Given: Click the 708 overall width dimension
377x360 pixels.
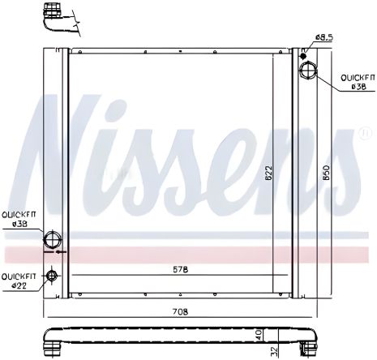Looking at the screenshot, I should coord(179,310).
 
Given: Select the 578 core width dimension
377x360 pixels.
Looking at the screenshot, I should coord(180,269).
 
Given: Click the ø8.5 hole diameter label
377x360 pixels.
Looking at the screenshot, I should coord(324,37).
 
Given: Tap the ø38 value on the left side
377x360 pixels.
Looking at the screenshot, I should coord(17,224).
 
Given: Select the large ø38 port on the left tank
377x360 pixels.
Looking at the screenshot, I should coord(53,239).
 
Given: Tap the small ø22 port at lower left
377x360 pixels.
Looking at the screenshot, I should coord(53,276).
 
